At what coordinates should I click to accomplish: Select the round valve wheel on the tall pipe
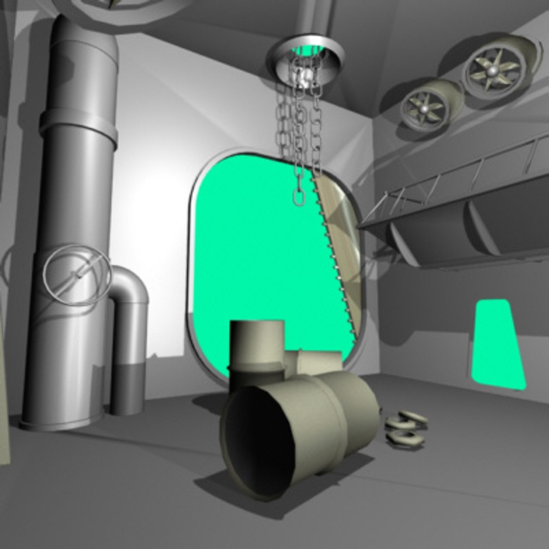76,274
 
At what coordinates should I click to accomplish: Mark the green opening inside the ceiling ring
305,51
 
